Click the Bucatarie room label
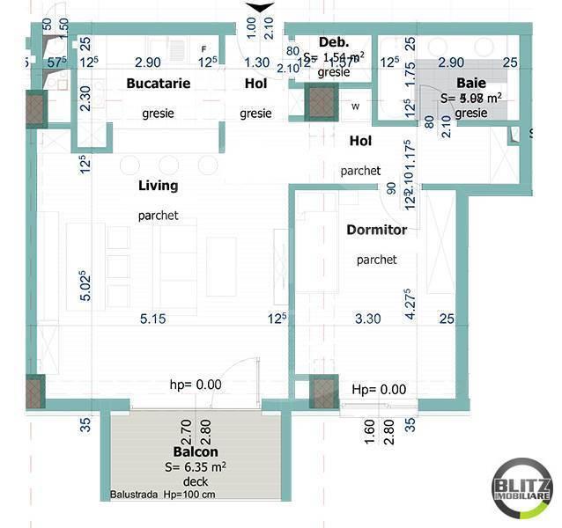click(x=159, y=84)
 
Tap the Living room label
click(x=158, y=186)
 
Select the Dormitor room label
click(x=376, y=230)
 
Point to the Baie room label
click(x=471, y=82)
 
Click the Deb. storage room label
click(x=334, y=42)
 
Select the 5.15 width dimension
click(x=152, y=319)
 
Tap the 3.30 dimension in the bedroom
click(x=367, y=319)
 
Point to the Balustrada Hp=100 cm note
click(x=162, y=495)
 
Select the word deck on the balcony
click(x=195, y=482)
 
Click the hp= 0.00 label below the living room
click(x=196, y=385)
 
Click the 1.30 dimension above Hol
click(x=256, y=62)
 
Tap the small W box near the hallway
click(x=356, y=106)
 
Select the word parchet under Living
click(x=158, y=216)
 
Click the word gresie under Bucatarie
click(x=158, y=114)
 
